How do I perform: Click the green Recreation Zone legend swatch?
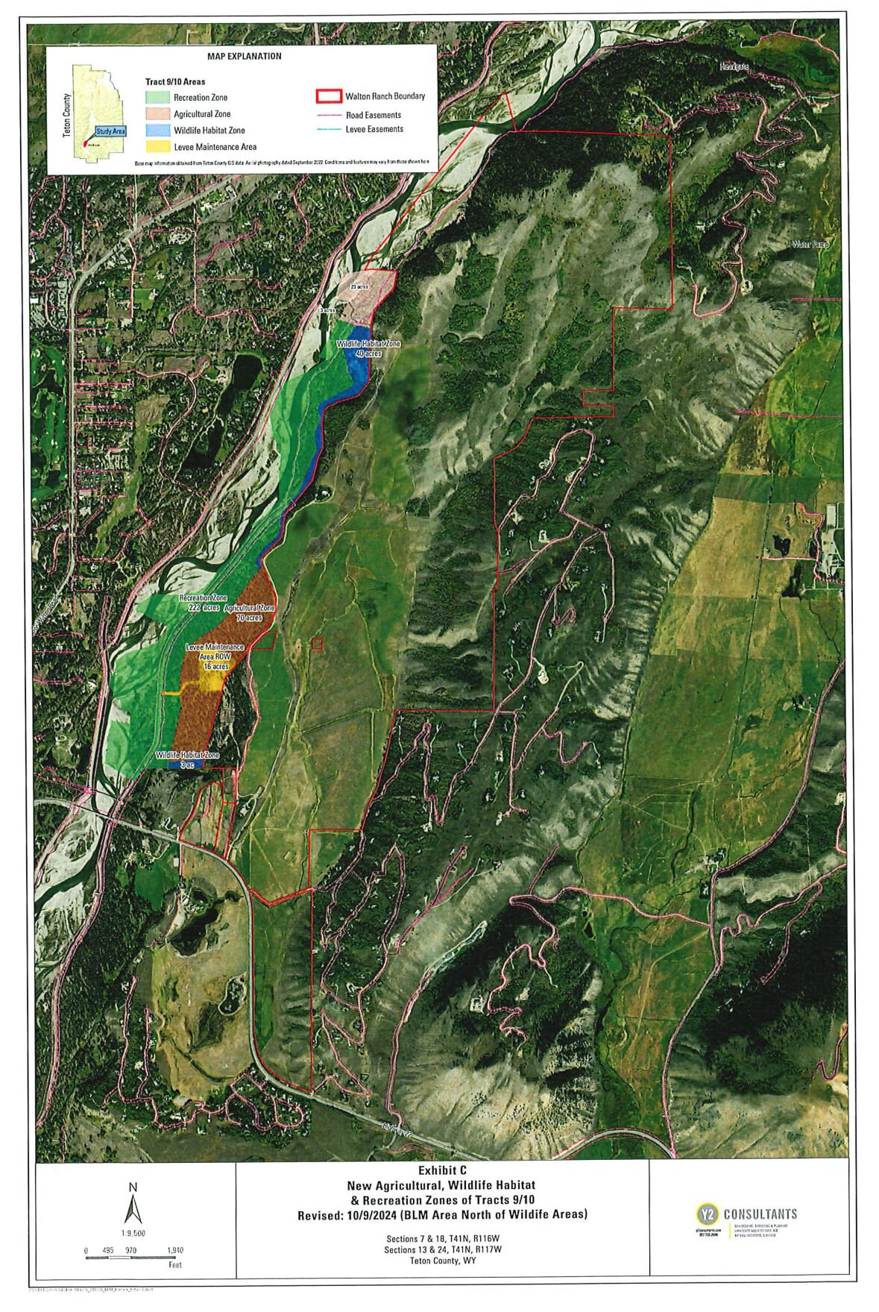point(158,97)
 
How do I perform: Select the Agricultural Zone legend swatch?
point(158,113)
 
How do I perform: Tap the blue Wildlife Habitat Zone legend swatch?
point(158,130)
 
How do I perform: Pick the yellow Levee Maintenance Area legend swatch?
point(158,146)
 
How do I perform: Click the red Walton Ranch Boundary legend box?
point(328,96)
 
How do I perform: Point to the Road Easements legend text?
point(373,115)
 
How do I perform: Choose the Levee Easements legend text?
point(374,129)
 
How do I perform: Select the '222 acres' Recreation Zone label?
point(204,608)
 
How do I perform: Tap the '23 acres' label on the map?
point(360,286)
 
